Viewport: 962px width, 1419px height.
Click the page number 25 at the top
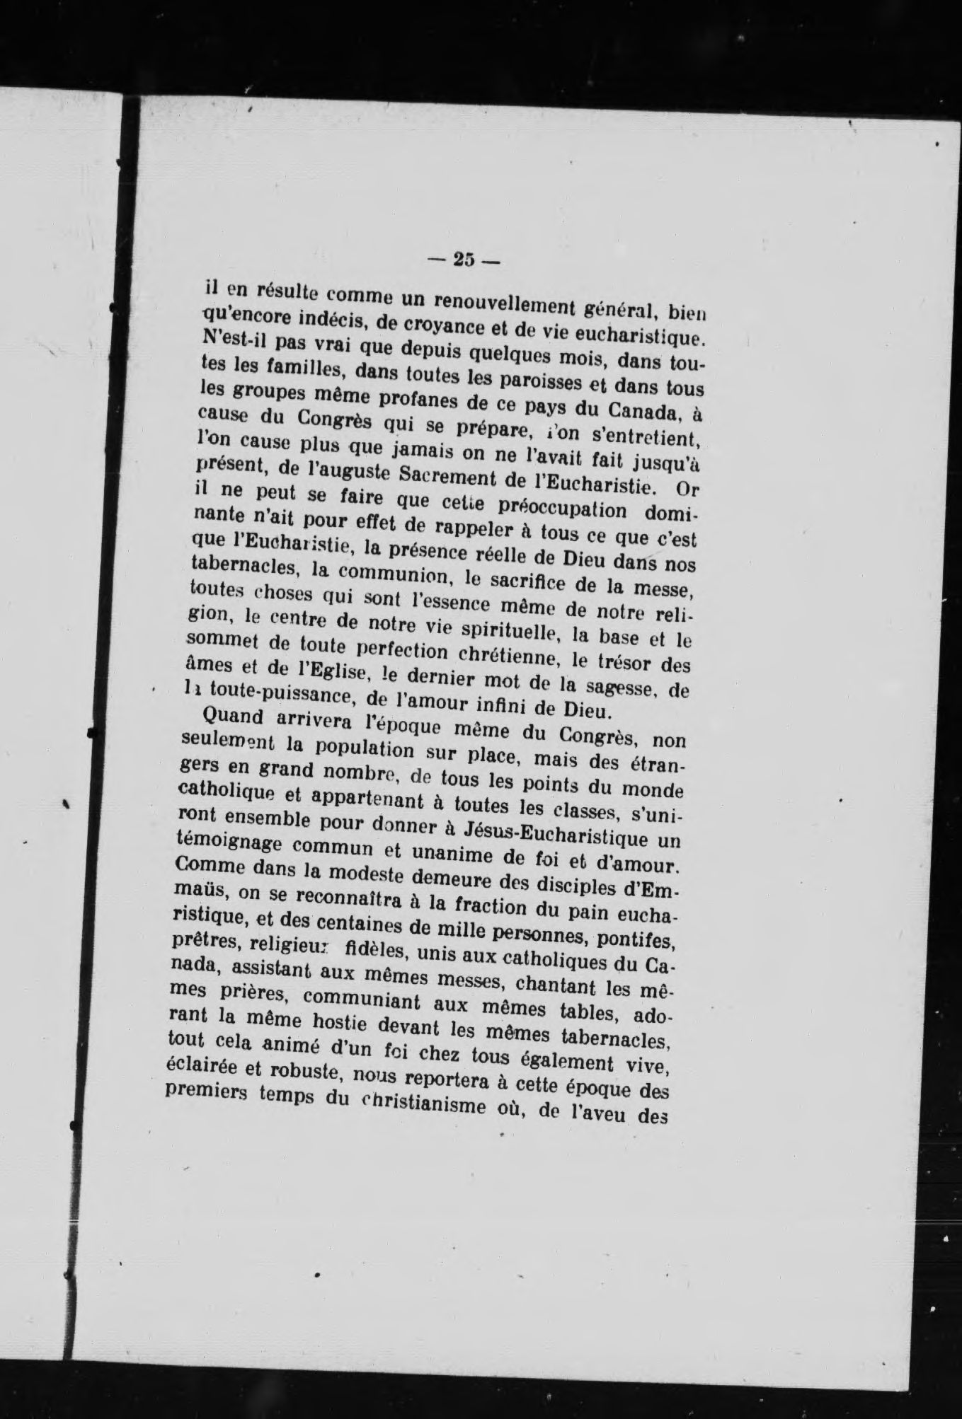pyautogui.click(x=464, y=260)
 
